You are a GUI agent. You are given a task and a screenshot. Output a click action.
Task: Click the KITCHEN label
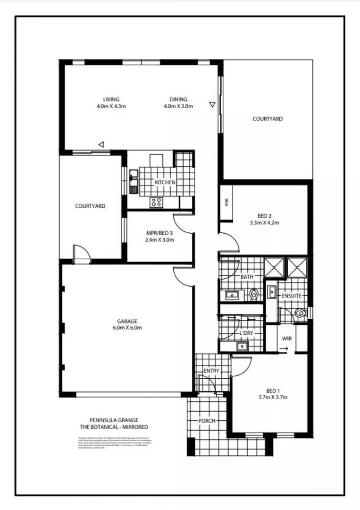pos(165,182)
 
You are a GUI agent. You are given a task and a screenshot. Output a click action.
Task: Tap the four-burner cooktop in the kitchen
pos(157,202)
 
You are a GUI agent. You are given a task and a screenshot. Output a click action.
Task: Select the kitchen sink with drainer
pos(133,180)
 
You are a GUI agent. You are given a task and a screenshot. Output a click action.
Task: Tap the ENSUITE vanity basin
pos(272,292)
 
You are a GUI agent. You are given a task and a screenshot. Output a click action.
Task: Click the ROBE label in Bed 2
pos(226,203)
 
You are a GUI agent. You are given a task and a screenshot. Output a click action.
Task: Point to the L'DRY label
pos(246,333)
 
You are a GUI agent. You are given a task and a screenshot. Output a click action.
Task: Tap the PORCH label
pos(207,420)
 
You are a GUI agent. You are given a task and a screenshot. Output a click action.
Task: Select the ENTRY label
pos(211,371)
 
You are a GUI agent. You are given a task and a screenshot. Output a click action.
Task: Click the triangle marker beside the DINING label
pos(213,104)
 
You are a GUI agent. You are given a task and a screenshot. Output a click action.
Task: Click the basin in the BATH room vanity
pos(232,296)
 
